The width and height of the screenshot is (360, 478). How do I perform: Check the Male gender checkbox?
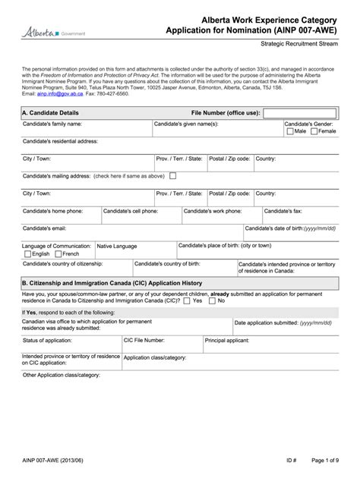point(290,131)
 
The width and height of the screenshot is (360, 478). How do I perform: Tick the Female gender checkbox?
point(314,131)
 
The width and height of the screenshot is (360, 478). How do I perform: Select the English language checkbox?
point(27,254)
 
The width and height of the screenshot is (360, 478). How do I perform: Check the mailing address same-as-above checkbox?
point(173,175)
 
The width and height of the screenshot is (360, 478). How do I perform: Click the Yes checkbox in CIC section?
point(187,300)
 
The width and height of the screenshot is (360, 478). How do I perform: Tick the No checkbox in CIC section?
point(213,300)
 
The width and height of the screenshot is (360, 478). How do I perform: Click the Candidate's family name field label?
point(52,123)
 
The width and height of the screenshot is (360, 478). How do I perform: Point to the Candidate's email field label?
point(44,228)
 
